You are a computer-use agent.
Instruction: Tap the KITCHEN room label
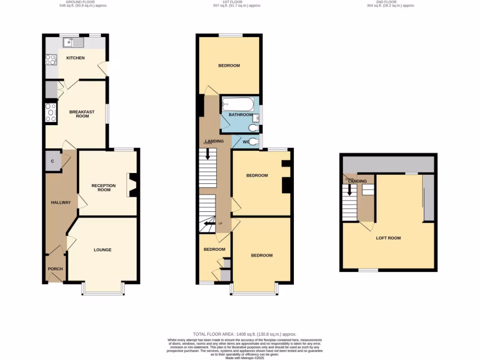(75, 58)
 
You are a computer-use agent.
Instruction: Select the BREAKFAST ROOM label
(82, 114)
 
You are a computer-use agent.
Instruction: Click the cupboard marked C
(53, 161)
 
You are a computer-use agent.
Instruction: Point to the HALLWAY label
(60, 202)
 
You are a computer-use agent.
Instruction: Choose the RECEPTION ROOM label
(104, 187)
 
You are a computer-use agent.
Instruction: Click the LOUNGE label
(103, 250)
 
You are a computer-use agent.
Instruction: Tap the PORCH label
(54, 269)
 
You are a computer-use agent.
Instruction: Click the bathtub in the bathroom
(238, 104)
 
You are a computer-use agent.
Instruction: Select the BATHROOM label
(240, 115)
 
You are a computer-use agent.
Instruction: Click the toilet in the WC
(254, 142)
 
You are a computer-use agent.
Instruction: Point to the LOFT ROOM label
(389, 238)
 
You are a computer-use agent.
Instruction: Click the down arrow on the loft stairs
(348, 190)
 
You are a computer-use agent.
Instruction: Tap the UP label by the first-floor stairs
(220, 223)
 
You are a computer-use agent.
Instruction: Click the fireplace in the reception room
(134, 185)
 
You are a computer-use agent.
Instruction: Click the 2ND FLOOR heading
(389, 2)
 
